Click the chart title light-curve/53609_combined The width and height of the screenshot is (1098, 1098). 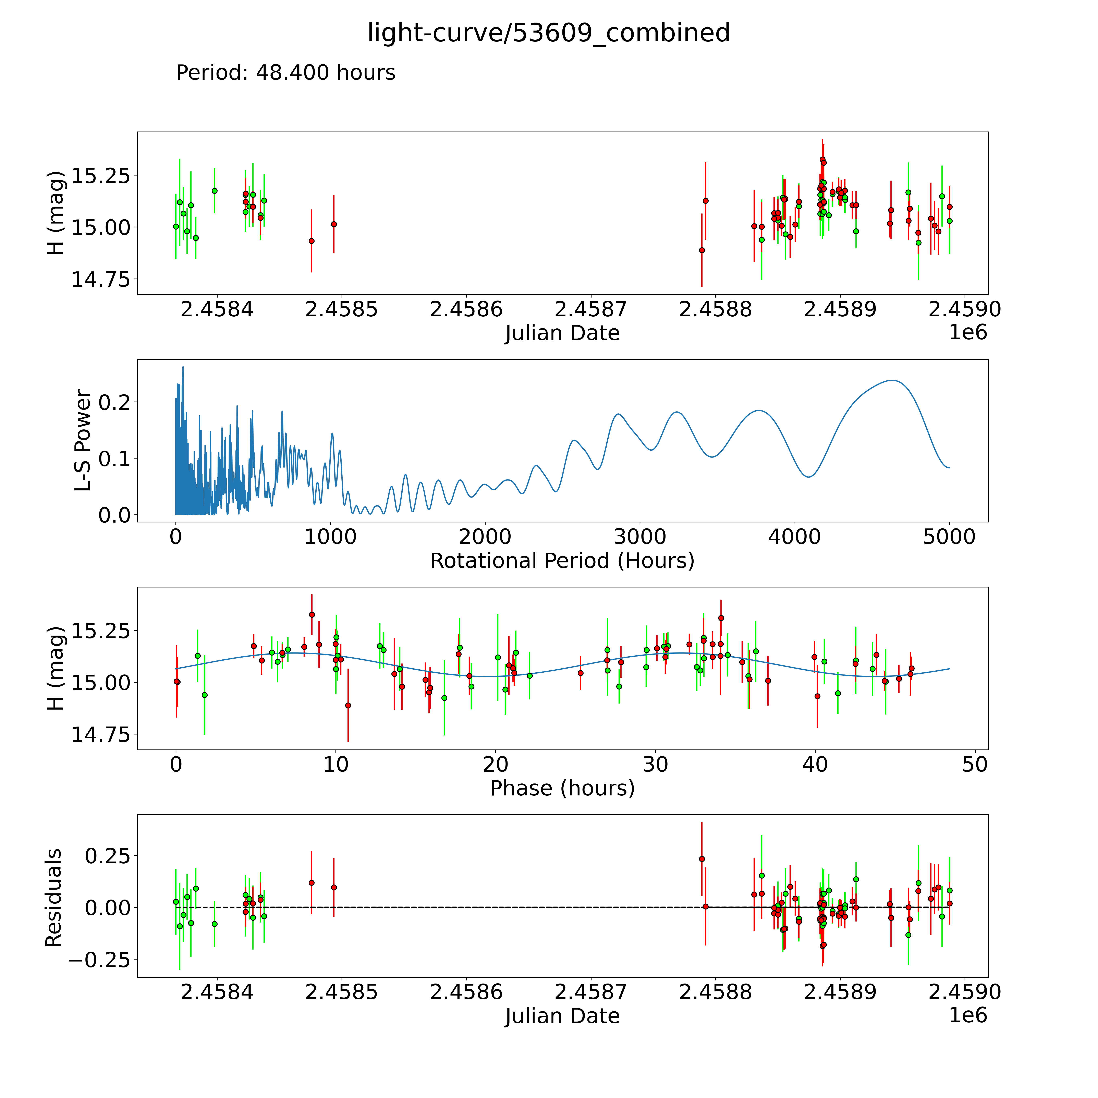548,33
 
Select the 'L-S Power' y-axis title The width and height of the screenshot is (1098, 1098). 83,440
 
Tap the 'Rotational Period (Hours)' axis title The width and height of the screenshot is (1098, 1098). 562,561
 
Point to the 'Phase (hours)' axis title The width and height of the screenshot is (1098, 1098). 562,788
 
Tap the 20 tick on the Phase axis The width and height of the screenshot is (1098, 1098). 496,764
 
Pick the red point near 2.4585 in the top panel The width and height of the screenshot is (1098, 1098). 334,224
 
